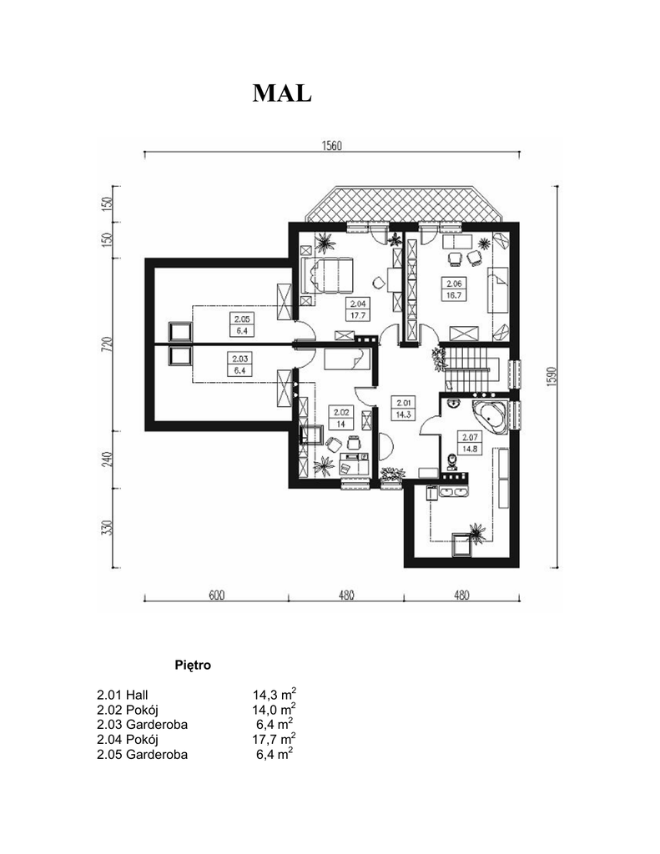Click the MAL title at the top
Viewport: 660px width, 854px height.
point(282,93)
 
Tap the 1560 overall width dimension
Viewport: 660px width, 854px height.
point(331,145)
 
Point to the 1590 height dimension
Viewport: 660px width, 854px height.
point(551,376)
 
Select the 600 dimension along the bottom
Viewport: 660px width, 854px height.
point(216,595)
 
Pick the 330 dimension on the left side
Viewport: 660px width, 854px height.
point(108,528)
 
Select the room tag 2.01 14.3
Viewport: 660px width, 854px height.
point(404,408)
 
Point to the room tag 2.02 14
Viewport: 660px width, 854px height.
point(341,419)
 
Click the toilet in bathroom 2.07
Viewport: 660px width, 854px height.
point(451,461)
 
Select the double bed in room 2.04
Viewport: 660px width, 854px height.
point(329,276)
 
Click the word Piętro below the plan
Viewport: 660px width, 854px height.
point(193,665)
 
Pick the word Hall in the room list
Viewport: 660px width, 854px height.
point(137,695)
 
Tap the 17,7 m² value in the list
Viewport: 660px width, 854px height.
point(275,739)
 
